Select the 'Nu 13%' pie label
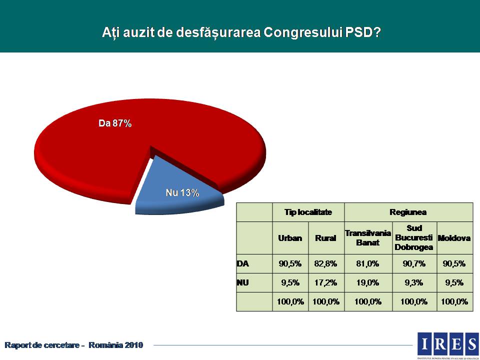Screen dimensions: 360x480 [x=182, y=192]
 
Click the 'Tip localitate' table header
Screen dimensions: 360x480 [x=308, y=212]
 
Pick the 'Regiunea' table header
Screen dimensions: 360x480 [x=408, y=212]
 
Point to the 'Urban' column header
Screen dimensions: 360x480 [x=290, y=238]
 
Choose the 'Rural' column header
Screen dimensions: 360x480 [x=325, y=238]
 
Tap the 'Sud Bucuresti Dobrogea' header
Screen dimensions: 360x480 [x=414, y=238]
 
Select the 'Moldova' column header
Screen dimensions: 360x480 [x=454, y=238]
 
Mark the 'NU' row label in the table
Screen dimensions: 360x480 [x=243, y=282]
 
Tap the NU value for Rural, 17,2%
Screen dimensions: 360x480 [x=325, y=282]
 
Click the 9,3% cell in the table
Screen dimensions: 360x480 [x=414, y=282]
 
